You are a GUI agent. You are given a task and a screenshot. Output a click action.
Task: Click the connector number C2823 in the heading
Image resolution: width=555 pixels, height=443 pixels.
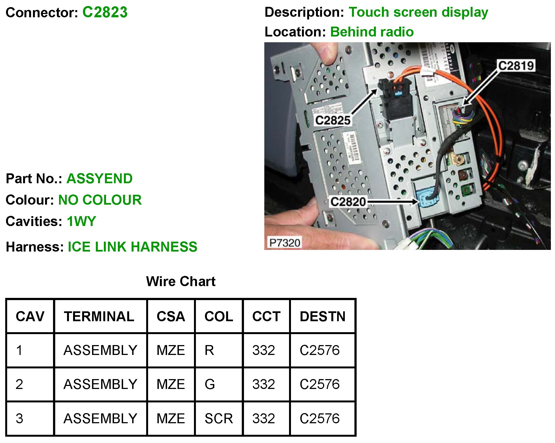tap(105, 12)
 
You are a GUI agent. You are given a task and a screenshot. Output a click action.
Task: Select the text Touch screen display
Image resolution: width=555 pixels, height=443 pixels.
tap(418, 12)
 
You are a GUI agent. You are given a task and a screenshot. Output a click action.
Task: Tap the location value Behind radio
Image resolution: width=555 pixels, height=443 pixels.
tap(372, 32)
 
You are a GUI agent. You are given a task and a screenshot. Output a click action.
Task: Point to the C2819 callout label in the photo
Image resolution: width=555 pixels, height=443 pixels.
tap(516, 66)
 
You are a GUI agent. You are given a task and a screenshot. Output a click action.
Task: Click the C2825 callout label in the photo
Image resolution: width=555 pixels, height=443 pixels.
tap(333, 120)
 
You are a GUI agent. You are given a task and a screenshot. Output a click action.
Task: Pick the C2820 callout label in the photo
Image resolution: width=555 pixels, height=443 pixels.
tap(348, 202)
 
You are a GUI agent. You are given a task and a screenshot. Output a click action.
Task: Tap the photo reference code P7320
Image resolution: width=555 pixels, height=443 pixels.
tap(284, 243)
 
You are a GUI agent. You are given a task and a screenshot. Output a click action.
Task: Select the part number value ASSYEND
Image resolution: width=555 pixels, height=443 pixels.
tap(99, 179)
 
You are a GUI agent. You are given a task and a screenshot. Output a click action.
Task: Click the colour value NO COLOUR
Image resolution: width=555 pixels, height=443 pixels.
tap(100, 200)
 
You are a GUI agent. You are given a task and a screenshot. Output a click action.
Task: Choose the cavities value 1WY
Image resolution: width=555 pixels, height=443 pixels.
tap(81, 221)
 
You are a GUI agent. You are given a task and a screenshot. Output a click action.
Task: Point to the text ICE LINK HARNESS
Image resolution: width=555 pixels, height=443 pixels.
tap(132, 247)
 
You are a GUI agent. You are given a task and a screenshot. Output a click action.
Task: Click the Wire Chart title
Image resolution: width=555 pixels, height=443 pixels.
tap(181, 281)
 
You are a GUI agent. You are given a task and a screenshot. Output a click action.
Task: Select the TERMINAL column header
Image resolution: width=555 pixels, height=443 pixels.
tap(99, 317)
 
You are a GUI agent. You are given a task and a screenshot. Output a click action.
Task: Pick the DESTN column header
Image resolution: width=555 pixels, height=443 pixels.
tap(323, 317)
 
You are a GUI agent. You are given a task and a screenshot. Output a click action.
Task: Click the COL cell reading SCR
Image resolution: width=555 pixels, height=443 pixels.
tap(219, 419)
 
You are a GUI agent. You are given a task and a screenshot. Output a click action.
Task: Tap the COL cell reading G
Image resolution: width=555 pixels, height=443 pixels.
tap(210, 384)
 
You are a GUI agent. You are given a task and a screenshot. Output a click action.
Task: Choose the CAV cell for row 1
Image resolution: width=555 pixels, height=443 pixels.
tap(19, 350)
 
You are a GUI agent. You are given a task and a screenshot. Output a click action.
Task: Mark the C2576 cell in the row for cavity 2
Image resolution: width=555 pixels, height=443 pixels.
tap(320, 384)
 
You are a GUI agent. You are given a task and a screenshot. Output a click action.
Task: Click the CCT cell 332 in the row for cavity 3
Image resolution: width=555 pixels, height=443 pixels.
tap(263, 419)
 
